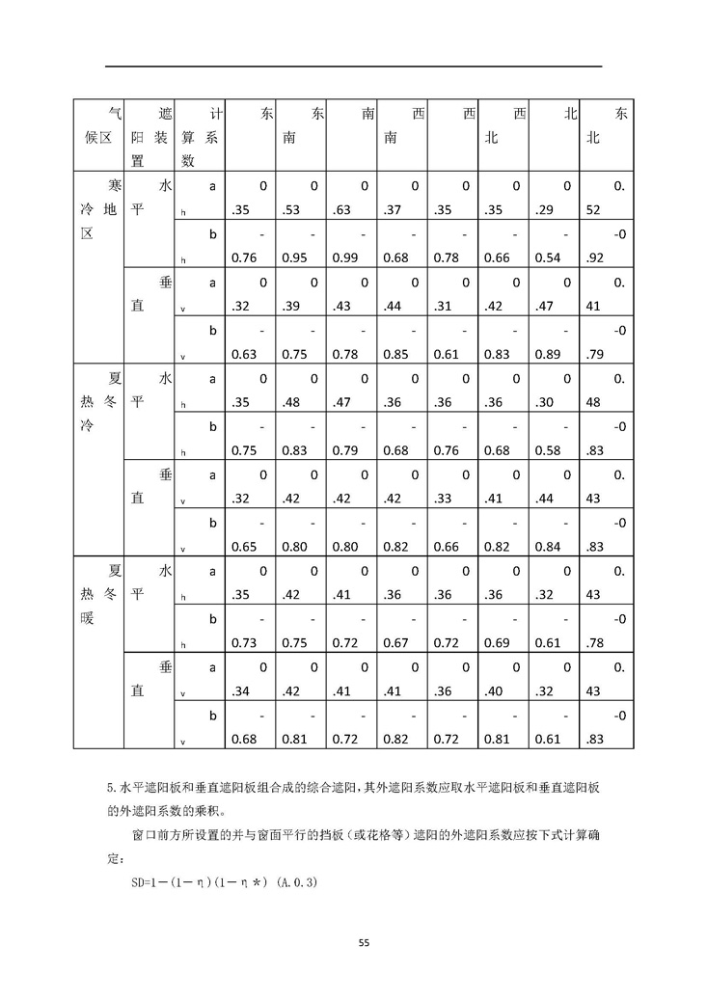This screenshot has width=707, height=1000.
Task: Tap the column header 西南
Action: point(403,125)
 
